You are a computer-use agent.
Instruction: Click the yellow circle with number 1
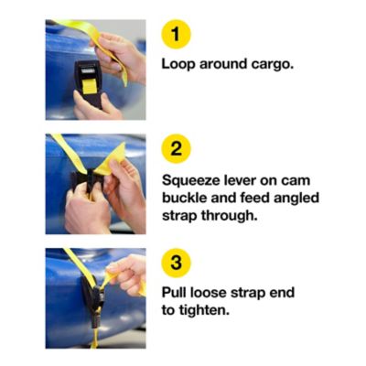176,36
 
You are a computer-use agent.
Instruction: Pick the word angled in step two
295,198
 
